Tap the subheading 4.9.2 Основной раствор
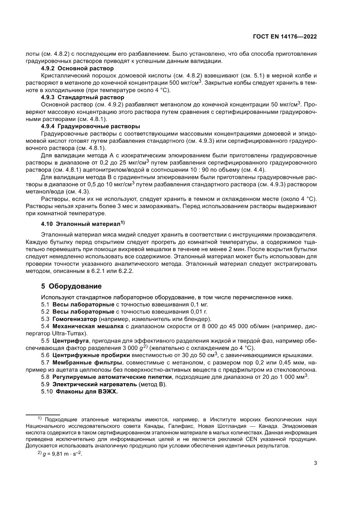(x=77, y=68)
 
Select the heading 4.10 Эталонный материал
(x=81, y=224)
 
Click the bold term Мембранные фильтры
(x=80, y=362)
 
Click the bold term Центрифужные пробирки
(x=83, y=354)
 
